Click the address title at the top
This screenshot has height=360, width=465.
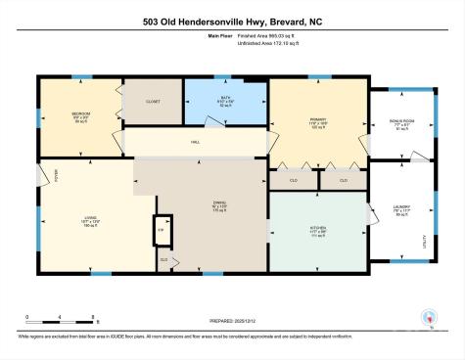[x=232, y=21]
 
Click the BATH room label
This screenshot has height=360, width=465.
[x=224, y=100]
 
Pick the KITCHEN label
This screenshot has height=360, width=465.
[x=317, y=231]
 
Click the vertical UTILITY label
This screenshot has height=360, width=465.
[x=424, y=241]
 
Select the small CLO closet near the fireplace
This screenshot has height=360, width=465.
[x=164, y=258]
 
